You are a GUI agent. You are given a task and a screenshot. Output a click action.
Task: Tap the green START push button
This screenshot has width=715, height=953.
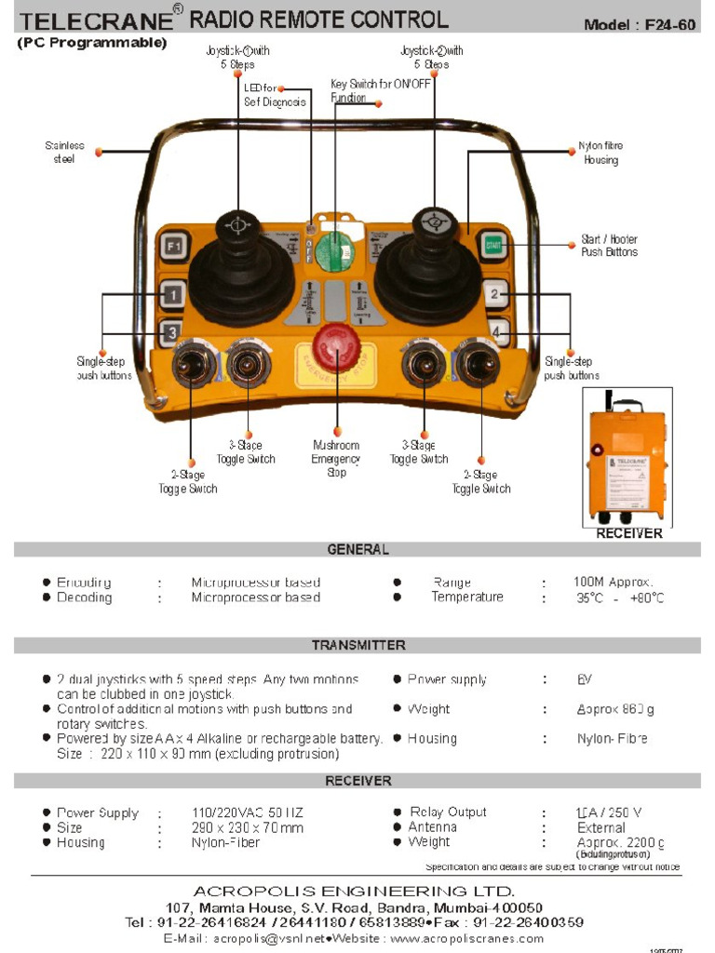pyautogui.click(x=493, y=247)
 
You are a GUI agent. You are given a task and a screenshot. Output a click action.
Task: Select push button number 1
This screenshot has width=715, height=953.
pyautogui.click(x=171, y=297)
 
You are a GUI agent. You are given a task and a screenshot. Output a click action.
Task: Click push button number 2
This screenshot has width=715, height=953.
pyautogui.click(x=496, y=296)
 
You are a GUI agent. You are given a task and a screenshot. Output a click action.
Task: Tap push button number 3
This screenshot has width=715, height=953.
pyautogui.click(x=171, y=331)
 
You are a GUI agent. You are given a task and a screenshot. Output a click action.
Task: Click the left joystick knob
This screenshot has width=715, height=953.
pyautogui.click(x=237, y=226)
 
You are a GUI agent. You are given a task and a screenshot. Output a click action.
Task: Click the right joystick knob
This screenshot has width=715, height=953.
pyautogui.click(x=430, y=222)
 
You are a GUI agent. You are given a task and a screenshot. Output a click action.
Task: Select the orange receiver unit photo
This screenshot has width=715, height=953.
pyautogui.click(x=626, y=462)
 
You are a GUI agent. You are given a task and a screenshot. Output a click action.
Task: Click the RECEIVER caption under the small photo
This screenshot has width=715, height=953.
pyautogui.click(x=629, y=533)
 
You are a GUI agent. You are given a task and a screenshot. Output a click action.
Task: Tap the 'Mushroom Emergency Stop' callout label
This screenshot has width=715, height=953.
pyautogui.click(x=336, y=459)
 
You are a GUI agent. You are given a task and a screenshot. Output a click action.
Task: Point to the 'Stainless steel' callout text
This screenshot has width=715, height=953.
pyautogui.click(x=64, y=153)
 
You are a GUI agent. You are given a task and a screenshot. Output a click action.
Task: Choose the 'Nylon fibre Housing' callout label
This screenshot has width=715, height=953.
pyautogui.click(x=600, y=154)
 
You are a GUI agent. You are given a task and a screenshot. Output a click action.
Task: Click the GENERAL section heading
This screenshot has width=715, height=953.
pyautogui.click(x=357, y=550)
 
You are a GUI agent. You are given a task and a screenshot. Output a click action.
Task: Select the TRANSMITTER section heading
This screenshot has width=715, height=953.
pyautogui.click(x=357, y=645)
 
